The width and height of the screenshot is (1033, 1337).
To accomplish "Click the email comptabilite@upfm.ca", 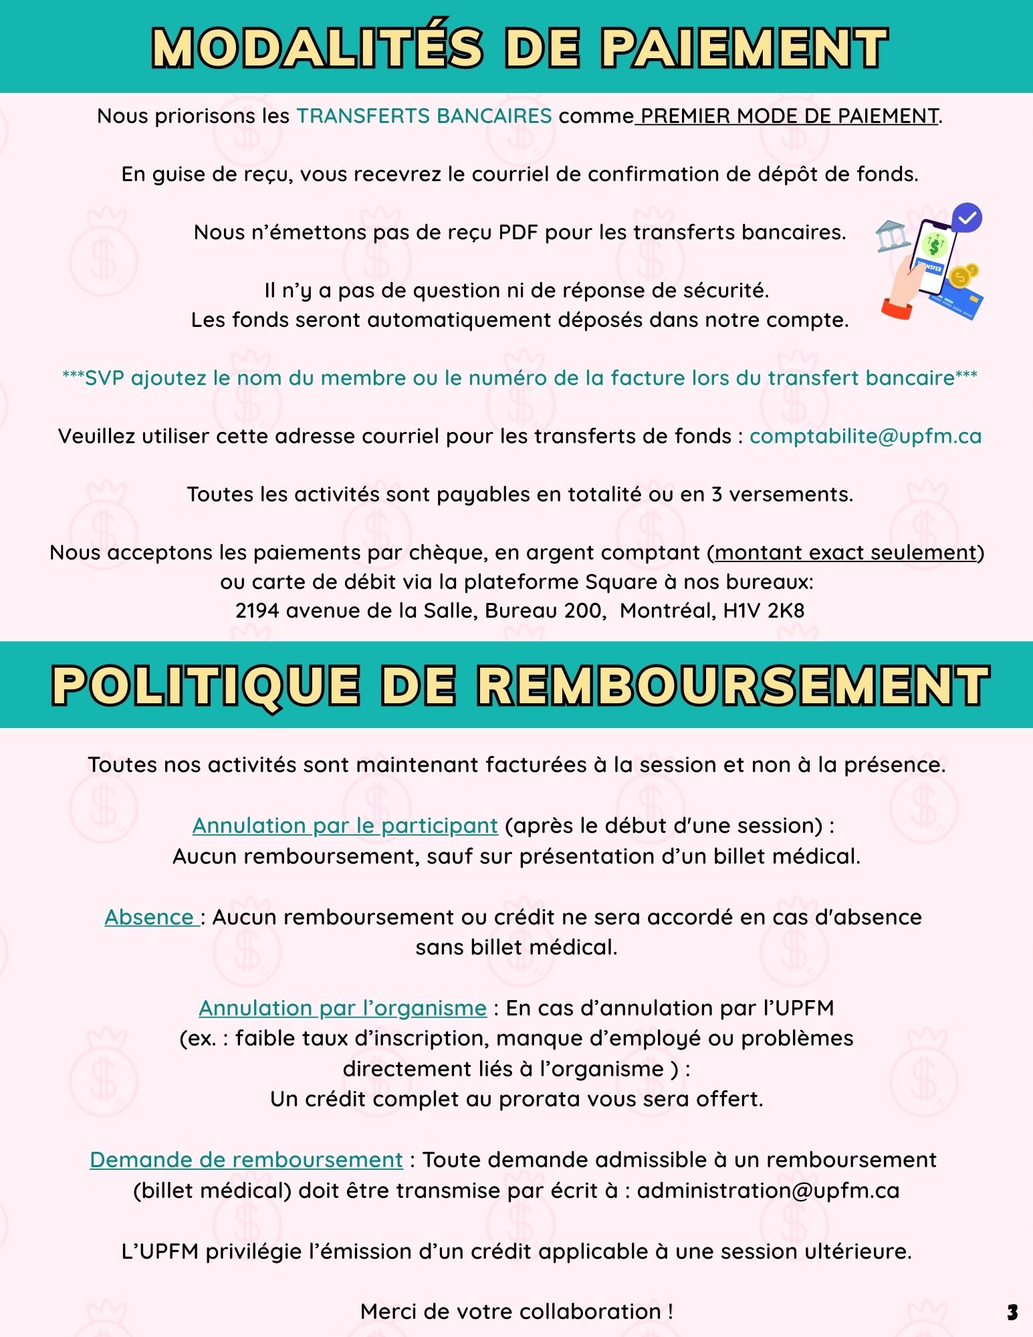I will (865, 437).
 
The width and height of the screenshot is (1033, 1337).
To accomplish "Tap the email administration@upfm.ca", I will (768, 1191).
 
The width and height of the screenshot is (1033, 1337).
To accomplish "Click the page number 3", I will (1012, 1312).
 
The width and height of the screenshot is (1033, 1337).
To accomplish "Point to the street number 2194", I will (257, 611).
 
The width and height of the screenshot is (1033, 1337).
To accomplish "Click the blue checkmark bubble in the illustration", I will (967, 217).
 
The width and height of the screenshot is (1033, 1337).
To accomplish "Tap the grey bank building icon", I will (893, 236).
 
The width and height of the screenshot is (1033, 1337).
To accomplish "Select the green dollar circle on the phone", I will (934, 246).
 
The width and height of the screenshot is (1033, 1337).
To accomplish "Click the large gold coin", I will (960, 277).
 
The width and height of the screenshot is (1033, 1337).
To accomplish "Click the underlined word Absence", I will (149, 917).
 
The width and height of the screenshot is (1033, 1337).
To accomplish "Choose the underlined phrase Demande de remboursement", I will (246, 1160).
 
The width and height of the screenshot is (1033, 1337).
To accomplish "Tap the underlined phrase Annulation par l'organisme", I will (342, 1008).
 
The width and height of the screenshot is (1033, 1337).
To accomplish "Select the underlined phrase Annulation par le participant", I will (345, 826).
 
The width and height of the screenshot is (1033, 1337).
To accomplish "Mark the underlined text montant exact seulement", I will (846, 553).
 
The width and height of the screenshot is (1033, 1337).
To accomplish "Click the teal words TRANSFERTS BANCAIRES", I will (424, 116).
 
